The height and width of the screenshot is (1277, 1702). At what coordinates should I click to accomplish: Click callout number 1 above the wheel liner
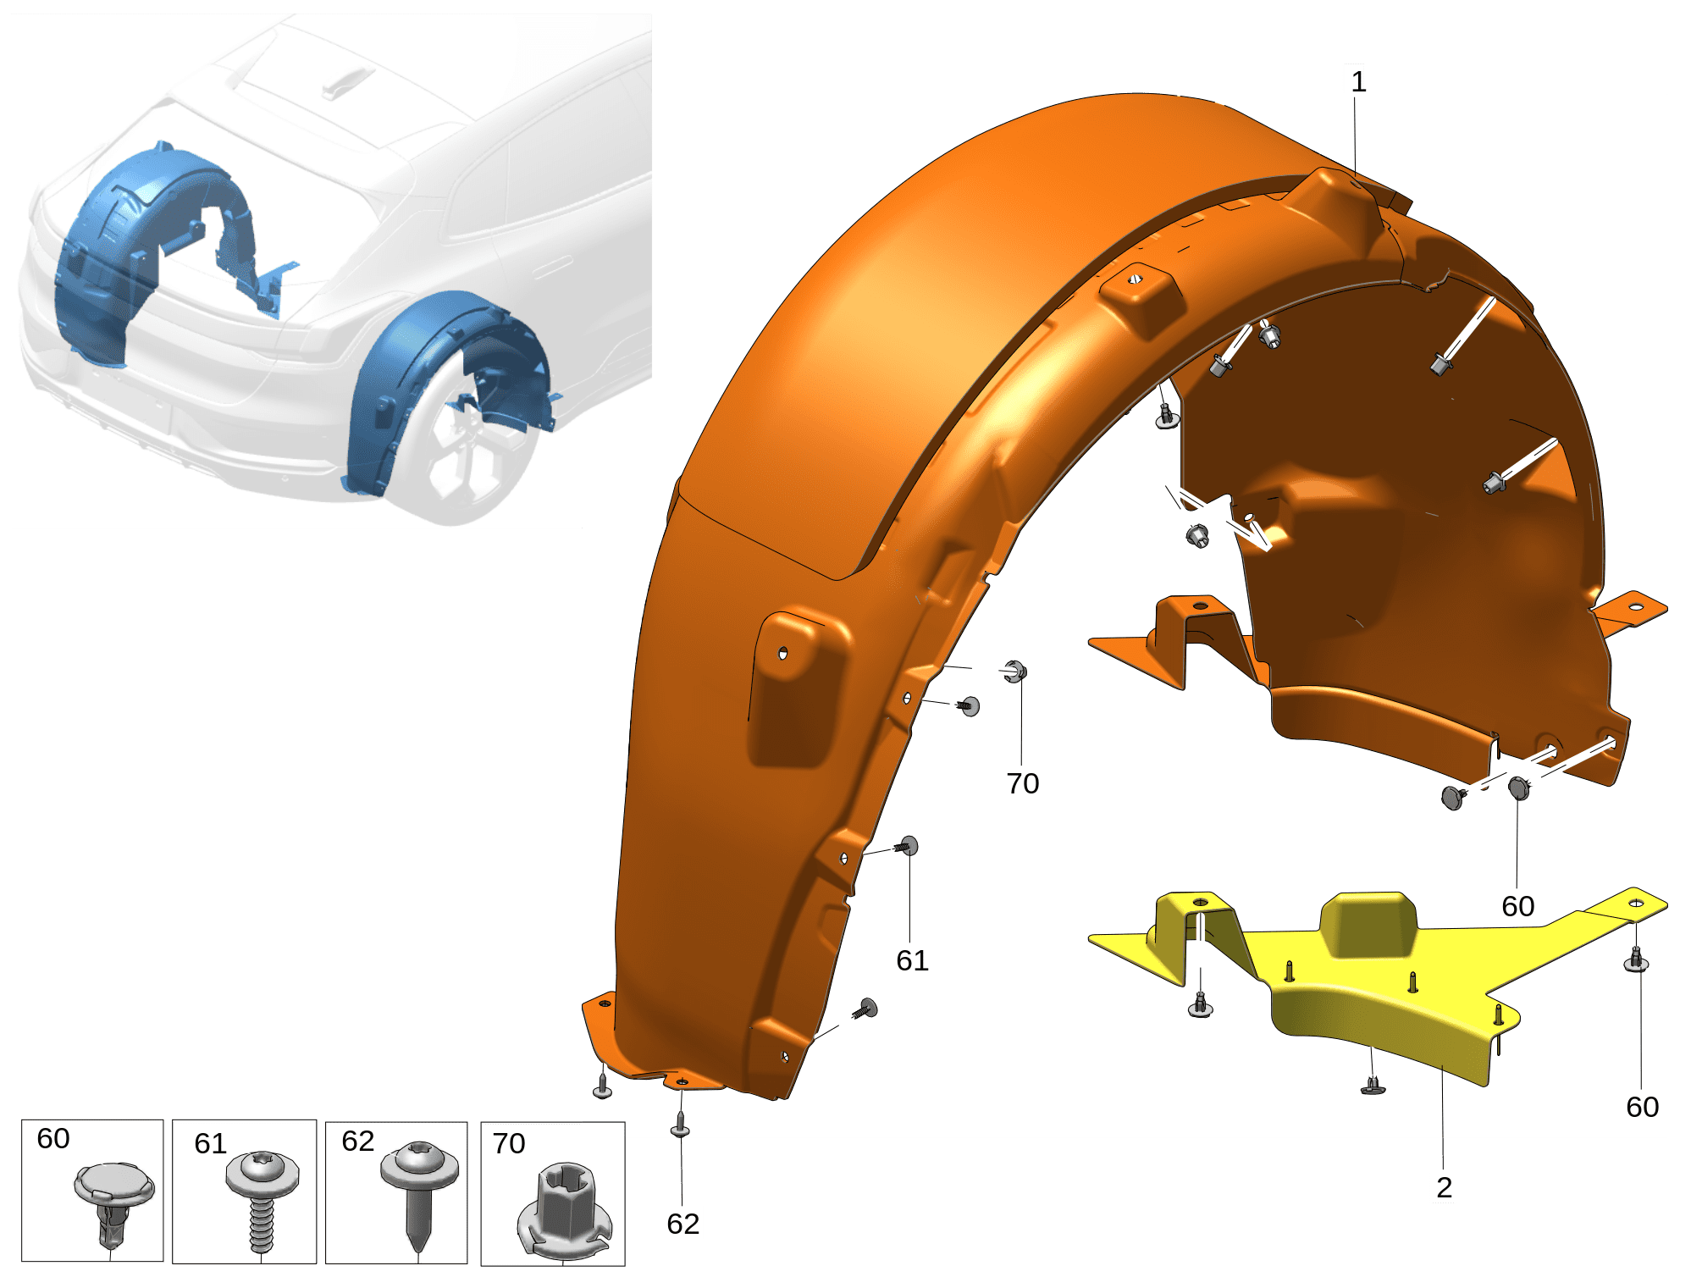pyautogui.click(x=1358, y=82)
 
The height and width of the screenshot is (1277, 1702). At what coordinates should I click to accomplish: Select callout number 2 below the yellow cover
pyautogui.click(x=1444, y=1187)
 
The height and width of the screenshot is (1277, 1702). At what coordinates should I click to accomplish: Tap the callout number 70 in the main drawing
pyautogui.click(x=1022, y=783)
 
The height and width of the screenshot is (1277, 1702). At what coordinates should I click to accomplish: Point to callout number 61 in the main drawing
pyautogui.click(x=912, y=960)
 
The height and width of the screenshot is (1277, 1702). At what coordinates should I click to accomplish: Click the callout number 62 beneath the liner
pyautogui.click(x=682, y=1224)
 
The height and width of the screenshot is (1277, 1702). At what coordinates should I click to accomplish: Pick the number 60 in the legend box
pyautogui.click(x=53, y=1138)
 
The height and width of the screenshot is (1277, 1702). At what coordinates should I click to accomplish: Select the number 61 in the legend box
pyautogui.click(x=210, y=1144)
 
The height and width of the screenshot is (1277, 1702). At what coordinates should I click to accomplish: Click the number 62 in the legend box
pyautogui.click(x=357, y=1141)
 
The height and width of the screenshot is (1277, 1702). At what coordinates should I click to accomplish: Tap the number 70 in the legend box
pyautogui.click(x=509, y=1143)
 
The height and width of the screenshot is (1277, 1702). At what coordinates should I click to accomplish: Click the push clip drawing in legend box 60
pyautogui.click(x=113, y=1202)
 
